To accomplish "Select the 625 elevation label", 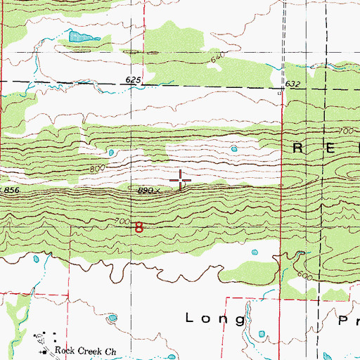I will (134, 81).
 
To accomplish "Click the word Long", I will (216, 319).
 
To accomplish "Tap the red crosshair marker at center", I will (181, 180).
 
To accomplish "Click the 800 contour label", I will (98, 169).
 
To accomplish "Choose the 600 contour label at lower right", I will (304, 276).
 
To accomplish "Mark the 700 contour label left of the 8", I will (122, 221).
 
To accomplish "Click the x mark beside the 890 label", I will (159, 189).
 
